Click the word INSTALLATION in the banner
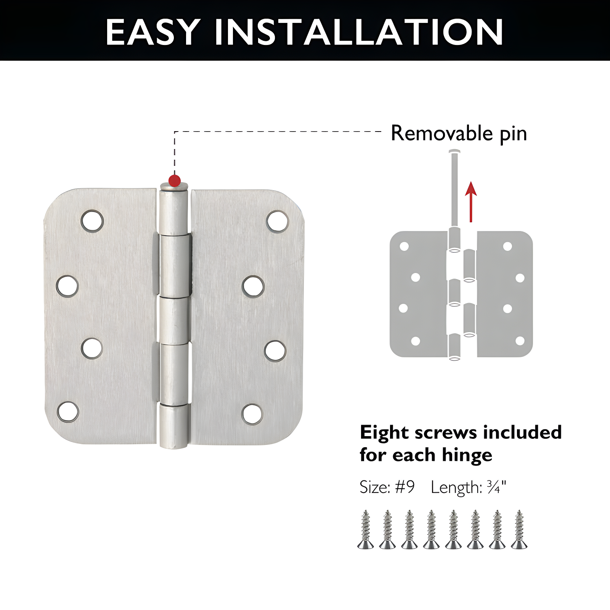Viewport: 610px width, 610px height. coord(359,32)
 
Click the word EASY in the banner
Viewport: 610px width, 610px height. coord(153,32)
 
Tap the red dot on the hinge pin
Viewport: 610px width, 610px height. coord(174,181)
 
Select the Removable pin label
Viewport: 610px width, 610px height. coord(459,133)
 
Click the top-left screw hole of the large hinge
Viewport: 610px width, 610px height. coord(92,221)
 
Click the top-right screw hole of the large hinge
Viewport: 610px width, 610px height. coord(277,222)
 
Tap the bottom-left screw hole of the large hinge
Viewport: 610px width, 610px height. coord(68,412)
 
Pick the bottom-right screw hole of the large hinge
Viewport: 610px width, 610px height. coord(252,414)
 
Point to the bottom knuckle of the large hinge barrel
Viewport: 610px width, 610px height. coord(174,426)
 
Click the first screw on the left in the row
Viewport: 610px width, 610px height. coord(366,530)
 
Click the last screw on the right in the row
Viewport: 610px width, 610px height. coord(519,530)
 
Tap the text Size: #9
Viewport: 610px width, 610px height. coord(387,487)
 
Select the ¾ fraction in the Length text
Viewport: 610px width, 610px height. coord(494,487)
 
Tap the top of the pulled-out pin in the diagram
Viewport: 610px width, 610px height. coord(454,152)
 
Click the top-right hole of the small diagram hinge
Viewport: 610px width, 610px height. coord(507,246)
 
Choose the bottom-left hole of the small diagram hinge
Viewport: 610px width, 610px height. coord(416,341)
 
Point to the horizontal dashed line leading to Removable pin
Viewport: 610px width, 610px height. coord(278,132)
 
